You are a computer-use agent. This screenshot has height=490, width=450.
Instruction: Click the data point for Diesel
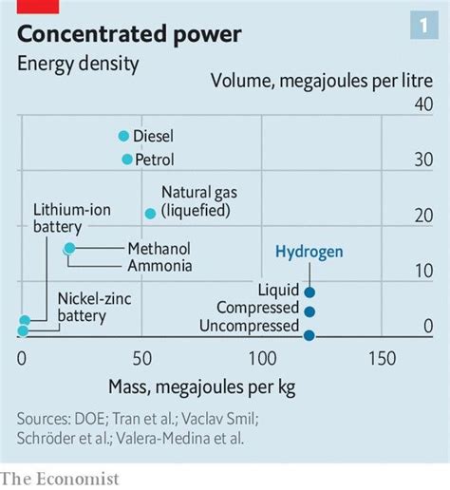(123, 136)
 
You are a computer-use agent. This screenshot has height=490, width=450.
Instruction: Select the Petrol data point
(126, 160)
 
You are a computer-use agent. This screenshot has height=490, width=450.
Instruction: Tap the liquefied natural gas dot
(149, 214)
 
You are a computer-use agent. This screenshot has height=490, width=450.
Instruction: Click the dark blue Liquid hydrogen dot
(309, 292)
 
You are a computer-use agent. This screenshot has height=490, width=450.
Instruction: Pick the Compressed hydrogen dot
(309, 311)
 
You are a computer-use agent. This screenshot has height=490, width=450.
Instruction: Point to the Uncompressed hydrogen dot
(309, 334)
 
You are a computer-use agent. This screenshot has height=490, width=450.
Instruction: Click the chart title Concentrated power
(129, 35)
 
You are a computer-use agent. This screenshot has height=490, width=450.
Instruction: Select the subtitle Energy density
(78, 65)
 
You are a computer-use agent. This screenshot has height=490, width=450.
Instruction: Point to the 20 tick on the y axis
(422, 217)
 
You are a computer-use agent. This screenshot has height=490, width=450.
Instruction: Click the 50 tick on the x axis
(141, 359)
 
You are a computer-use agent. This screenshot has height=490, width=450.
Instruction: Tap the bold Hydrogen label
(309, 252)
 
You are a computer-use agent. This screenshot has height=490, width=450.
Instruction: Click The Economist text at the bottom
(60, 478)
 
